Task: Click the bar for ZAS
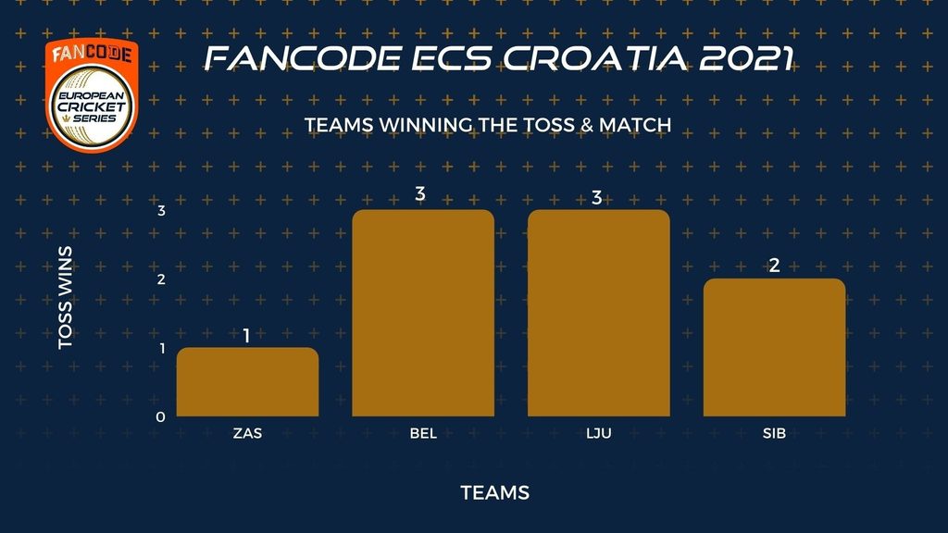click(247, 382)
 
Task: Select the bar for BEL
click(423, 313)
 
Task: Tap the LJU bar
click(599, 313)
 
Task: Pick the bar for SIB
click(775, 348)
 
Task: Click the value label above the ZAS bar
click(246, 335)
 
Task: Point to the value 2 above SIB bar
click(775, 266)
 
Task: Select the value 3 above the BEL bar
click(420, 193)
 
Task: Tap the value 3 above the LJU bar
click(597, 198)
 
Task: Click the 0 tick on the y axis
click(160, 417)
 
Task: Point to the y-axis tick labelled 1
click(162, 348)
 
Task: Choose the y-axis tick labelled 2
click(161, 279)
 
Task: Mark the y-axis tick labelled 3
click(161, 210)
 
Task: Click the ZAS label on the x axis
click(247, 433)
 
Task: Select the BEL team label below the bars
click(423, 433)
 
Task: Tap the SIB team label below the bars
click(775, 433)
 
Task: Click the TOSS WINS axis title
click(66, 297)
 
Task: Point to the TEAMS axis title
click(495, 492)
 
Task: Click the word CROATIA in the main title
click(595, 58)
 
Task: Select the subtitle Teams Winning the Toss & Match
click(488, 125)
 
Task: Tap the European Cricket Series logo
click(92, 95)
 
